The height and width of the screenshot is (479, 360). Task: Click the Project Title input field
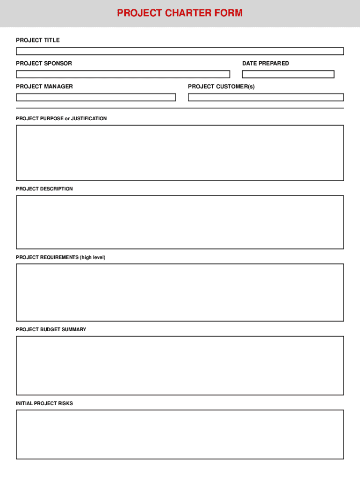180,51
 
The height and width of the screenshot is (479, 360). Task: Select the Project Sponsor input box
123,74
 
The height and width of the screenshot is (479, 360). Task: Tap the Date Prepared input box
288,74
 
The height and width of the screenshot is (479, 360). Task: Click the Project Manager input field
96,97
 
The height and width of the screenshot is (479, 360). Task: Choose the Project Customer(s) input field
266,97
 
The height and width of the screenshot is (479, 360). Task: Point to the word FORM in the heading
228,13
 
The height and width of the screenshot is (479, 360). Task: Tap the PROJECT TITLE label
38,40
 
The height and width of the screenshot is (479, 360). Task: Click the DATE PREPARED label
266,63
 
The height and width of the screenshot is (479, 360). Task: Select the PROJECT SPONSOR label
44,63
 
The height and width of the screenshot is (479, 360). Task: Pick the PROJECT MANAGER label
44,87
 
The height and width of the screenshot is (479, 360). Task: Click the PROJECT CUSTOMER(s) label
221,87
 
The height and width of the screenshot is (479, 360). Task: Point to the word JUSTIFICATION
89,119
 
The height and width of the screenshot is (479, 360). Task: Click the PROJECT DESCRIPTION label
44,189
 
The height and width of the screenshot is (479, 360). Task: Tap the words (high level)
93,258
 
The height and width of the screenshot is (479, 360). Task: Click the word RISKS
65,403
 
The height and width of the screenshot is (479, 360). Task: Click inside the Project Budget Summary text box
180,365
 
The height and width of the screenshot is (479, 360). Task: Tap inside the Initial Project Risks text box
180,435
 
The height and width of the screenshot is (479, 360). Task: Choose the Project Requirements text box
180,292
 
